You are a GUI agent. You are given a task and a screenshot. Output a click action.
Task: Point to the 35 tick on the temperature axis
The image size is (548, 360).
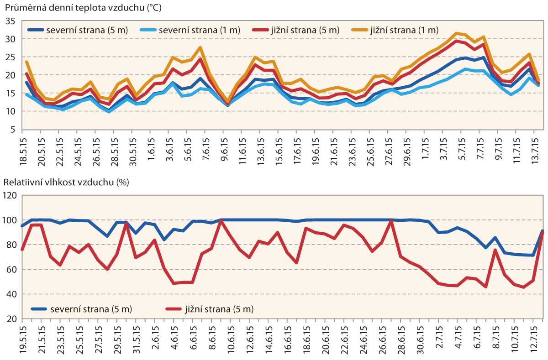coord(11,21)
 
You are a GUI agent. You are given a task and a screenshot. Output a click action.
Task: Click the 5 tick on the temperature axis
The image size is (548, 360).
coord(13,129)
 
